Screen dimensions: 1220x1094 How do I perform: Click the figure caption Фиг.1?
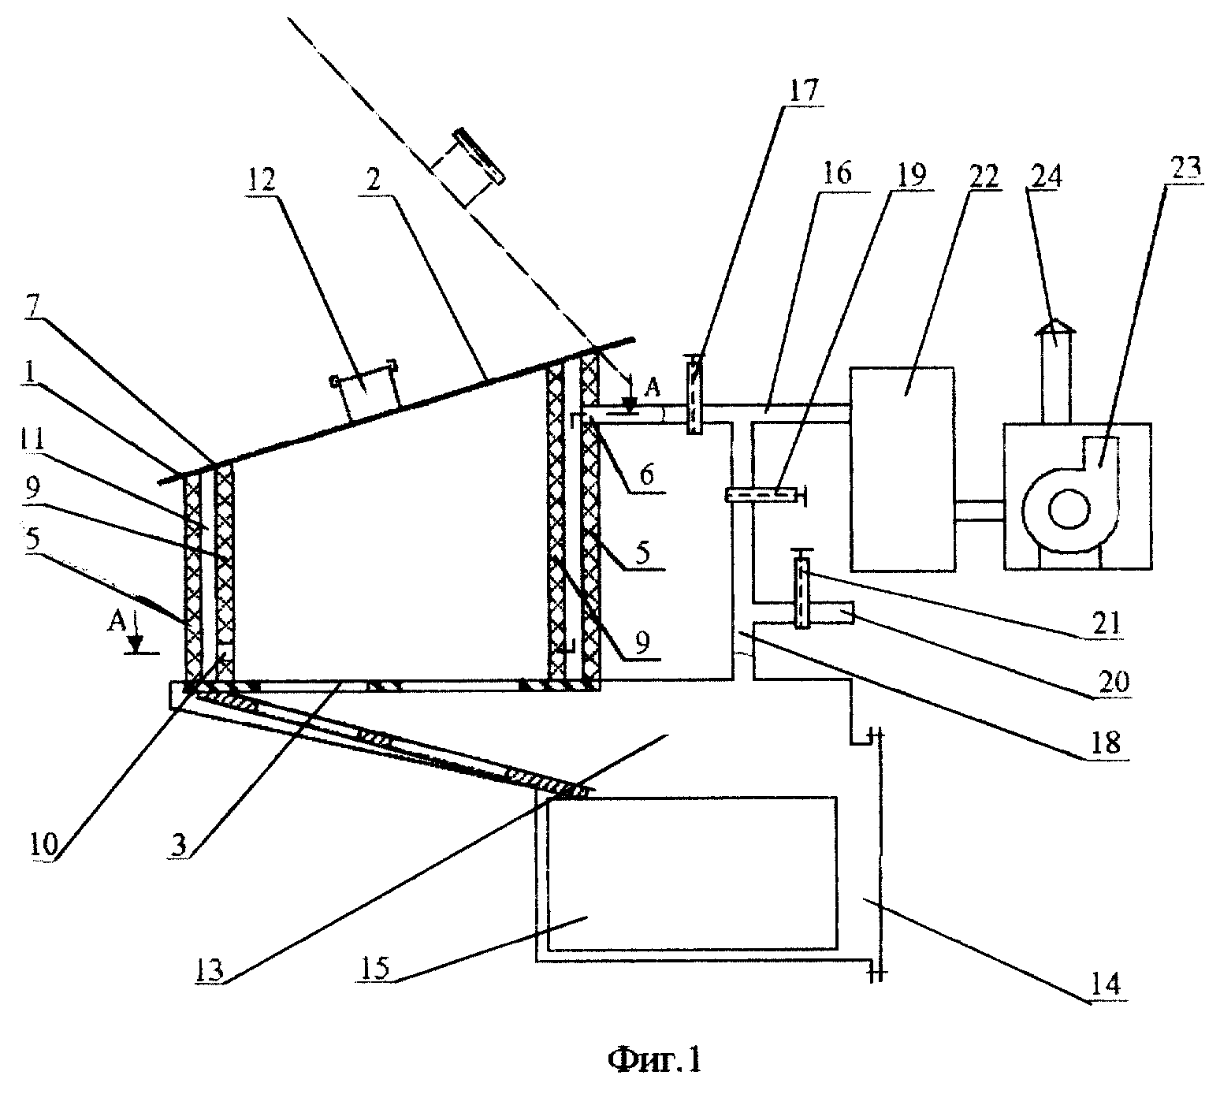pyautogui.click(x=655, y=1059)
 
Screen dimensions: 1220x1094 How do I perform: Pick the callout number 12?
pyautogui.click(x=261, y=179)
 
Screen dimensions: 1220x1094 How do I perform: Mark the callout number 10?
pyautogui.click(x=44, y=844)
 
